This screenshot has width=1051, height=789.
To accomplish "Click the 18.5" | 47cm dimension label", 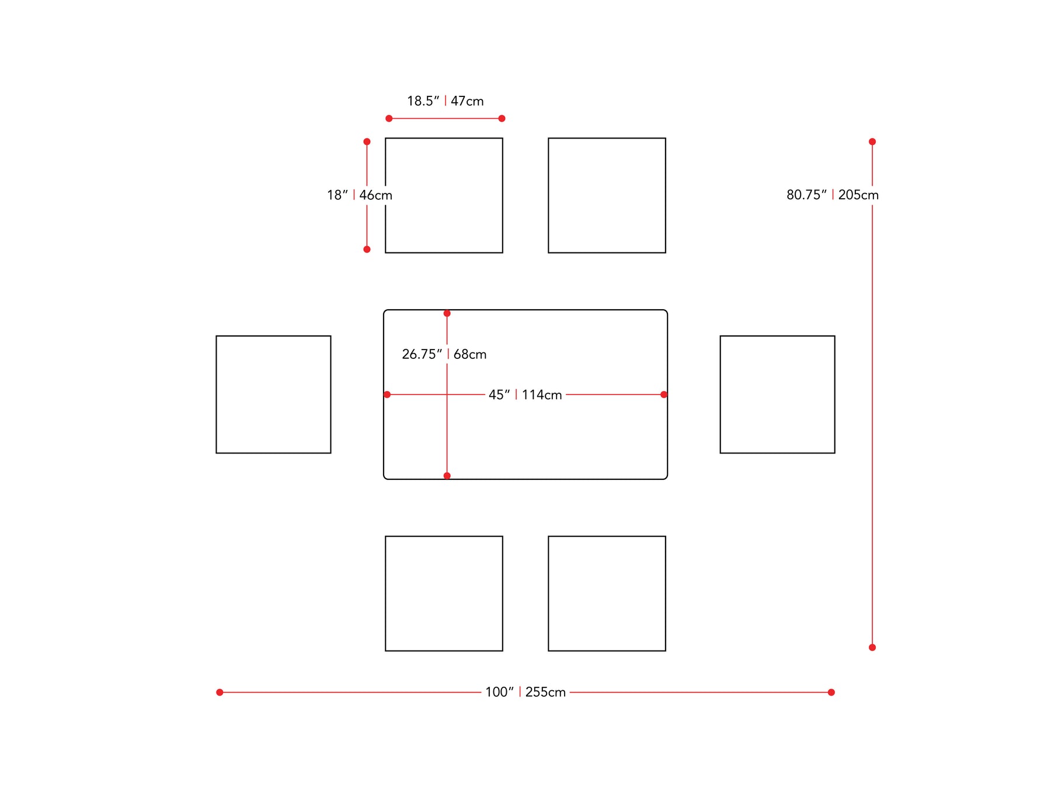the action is point(446,101).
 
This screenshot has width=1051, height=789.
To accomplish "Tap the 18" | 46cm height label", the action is point(360,195).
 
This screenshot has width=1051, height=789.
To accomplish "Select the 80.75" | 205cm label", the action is point(833,195).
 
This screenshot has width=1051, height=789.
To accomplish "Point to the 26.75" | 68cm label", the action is point(444,354).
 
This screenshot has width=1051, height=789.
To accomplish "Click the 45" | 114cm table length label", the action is point(525,395).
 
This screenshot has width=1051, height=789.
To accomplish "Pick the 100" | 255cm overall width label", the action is point(525,693).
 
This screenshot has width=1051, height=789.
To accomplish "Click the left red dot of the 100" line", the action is point(220,693).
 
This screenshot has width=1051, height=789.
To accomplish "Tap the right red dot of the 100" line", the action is point(831,693).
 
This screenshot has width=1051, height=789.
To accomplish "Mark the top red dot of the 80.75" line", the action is point(872,141).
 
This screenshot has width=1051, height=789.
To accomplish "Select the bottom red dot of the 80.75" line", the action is point(872,648).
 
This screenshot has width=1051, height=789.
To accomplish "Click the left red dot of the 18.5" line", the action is point(389,119).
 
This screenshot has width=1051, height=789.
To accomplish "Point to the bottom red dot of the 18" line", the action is point(367,250).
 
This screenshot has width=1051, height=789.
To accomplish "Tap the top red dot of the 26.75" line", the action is point(447,313).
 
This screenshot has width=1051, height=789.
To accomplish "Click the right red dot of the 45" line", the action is point(664,394).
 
